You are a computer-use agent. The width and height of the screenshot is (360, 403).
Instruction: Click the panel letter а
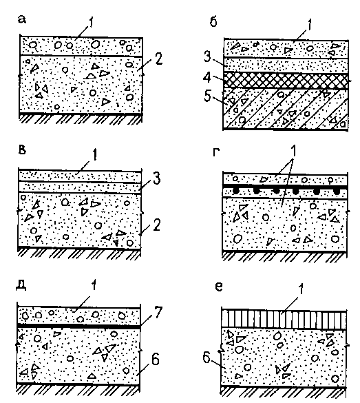[22, 19]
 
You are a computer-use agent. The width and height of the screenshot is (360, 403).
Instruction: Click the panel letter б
[213, 21]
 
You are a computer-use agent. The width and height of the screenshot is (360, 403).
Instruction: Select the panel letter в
[22, 149]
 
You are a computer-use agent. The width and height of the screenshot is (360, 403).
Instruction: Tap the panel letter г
[216, 152]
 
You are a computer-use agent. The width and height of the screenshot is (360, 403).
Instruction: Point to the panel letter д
[21, 285]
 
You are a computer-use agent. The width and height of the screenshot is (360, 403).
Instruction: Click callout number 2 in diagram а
[159, 59]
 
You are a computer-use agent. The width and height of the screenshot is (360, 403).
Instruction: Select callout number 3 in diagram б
[207, 57]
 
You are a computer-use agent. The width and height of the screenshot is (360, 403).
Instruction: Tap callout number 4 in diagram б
[207, 77]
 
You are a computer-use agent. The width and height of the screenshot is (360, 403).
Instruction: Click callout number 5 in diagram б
[207, 96]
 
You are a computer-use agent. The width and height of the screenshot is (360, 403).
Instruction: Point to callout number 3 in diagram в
[157, 178]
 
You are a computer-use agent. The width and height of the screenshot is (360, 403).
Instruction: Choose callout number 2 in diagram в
[157, 225]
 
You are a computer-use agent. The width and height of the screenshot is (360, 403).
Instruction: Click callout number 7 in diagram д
[158, 312]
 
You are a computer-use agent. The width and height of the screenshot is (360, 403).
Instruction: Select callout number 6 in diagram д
[156, 359]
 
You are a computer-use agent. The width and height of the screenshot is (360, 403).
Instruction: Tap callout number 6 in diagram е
[207, 358]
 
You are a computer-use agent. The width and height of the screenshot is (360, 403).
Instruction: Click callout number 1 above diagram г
[293, 151]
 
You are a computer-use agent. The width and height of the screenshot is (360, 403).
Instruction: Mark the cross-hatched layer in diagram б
[286, 81]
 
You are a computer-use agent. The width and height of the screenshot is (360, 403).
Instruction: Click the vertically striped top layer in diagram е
[284, 319]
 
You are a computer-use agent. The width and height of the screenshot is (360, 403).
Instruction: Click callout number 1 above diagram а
[91, 22]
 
